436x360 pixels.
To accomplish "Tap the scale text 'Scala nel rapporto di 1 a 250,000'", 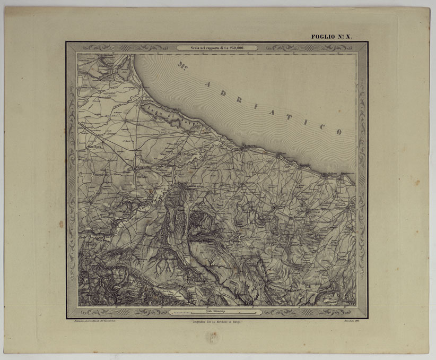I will [x=217, y=48].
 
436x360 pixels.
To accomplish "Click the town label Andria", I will [x=250, y=183].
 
